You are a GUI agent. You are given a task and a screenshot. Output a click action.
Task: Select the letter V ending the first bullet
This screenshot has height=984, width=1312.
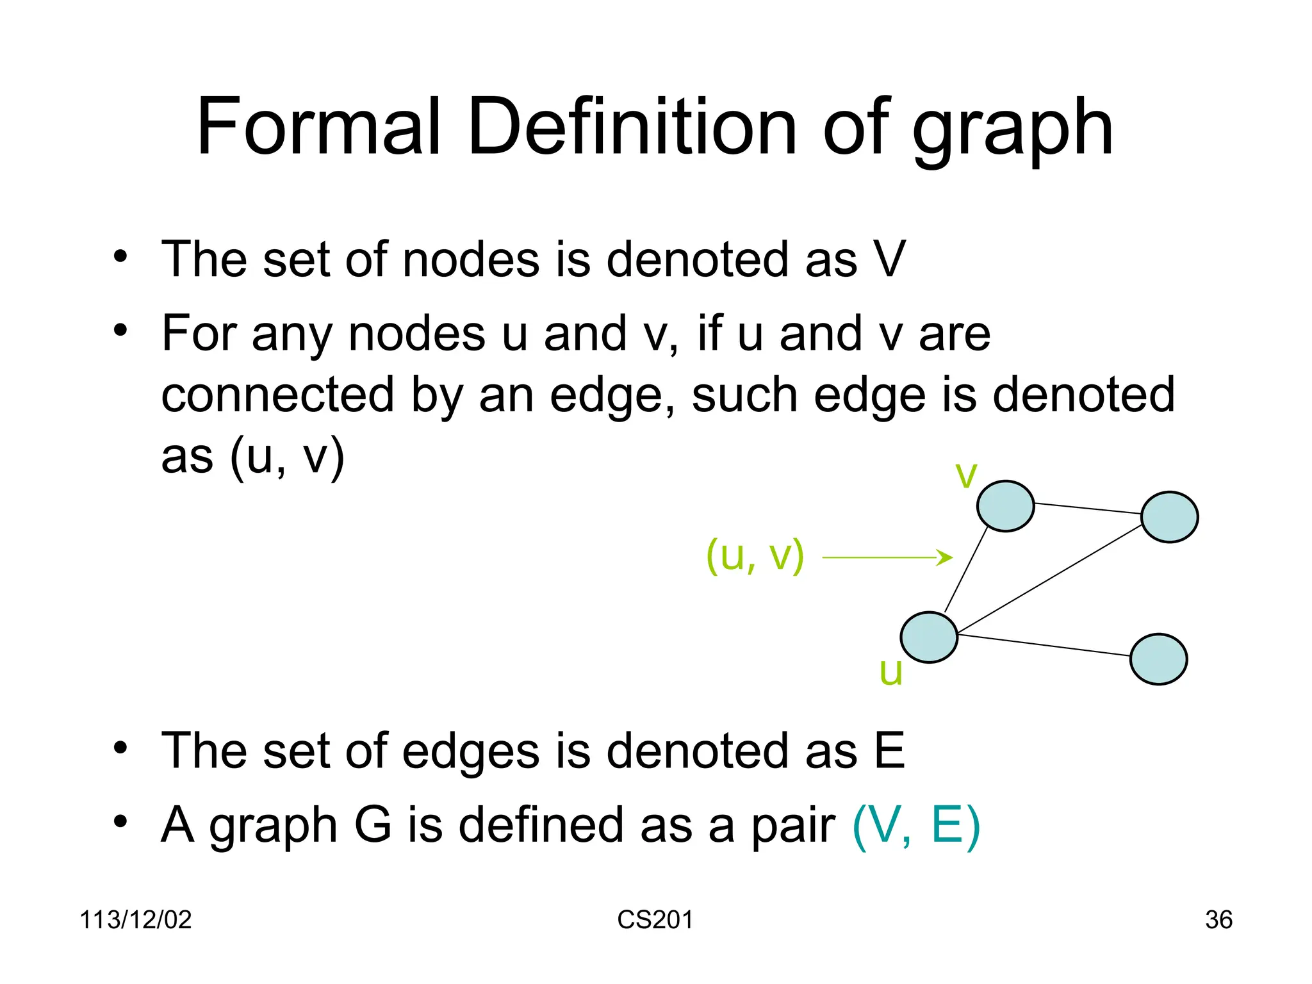point(889,259)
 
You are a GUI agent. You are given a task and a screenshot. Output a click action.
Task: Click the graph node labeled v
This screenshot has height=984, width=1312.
point(1005,506)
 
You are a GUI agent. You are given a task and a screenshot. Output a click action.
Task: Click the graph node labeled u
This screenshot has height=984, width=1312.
point(928,637)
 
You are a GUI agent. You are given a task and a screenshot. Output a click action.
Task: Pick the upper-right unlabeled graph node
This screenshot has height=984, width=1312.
point(1169,517)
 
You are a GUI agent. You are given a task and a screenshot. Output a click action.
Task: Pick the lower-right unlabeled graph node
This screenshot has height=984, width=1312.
point(1158,659)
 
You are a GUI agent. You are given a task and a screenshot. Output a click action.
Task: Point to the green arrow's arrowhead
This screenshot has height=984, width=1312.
point(946,557)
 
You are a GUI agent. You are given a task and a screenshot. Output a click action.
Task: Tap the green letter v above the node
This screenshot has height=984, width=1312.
point(966,475)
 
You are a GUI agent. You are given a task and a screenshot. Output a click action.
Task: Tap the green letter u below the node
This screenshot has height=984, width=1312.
point(890,673)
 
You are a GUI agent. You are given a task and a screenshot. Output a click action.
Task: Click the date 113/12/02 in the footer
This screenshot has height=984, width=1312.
point(135,920)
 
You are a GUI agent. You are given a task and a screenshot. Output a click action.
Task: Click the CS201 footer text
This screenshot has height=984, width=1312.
point(655,920)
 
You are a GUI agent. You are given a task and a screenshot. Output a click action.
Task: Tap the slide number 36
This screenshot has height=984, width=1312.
point(1218,920)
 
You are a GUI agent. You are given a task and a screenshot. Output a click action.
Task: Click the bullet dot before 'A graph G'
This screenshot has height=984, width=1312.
point(120,821)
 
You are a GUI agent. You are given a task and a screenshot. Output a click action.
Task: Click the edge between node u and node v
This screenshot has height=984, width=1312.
point(966,570)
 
